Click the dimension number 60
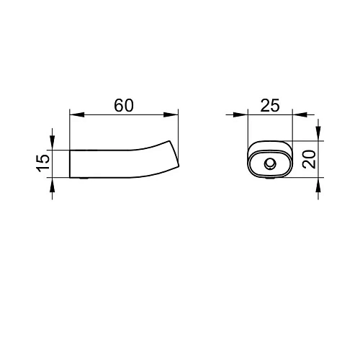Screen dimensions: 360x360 124,105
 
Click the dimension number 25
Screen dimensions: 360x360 270,105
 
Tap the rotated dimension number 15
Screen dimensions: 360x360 43,163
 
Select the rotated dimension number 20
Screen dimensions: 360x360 309,159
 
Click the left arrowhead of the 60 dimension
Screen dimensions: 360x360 77,114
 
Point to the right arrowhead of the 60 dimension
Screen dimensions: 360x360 171,114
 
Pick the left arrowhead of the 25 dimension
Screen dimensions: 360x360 240,114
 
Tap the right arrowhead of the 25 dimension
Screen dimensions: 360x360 300,114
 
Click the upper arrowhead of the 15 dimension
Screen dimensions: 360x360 53,143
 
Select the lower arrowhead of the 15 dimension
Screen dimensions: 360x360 53,185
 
